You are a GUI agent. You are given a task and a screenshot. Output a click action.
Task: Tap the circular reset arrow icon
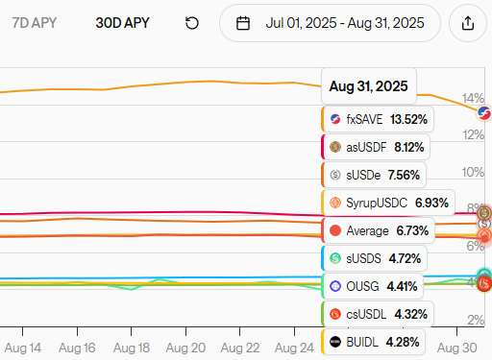(x=192, y=23)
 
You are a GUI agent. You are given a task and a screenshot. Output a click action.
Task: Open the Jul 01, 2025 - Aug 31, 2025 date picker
(x=330, y=23)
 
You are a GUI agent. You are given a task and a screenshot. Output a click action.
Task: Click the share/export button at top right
(x=468, y=23)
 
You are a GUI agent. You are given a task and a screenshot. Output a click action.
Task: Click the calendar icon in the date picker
(x=243, y=23)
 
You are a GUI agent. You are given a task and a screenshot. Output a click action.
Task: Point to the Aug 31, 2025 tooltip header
(x=368, y=86)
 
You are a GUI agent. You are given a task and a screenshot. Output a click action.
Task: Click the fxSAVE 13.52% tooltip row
(x=378, y=119)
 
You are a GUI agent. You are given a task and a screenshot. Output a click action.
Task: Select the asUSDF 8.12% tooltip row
(x=376, y=147)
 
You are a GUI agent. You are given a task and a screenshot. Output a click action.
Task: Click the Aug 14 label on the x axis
(x=22, y=347)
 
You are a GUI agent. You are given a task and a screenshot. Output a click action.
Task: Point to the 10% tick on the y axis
(x=473, y=172)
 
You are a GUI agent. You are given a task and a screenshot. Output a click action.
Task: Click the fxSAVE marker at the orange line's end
(x=483, y=114)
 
